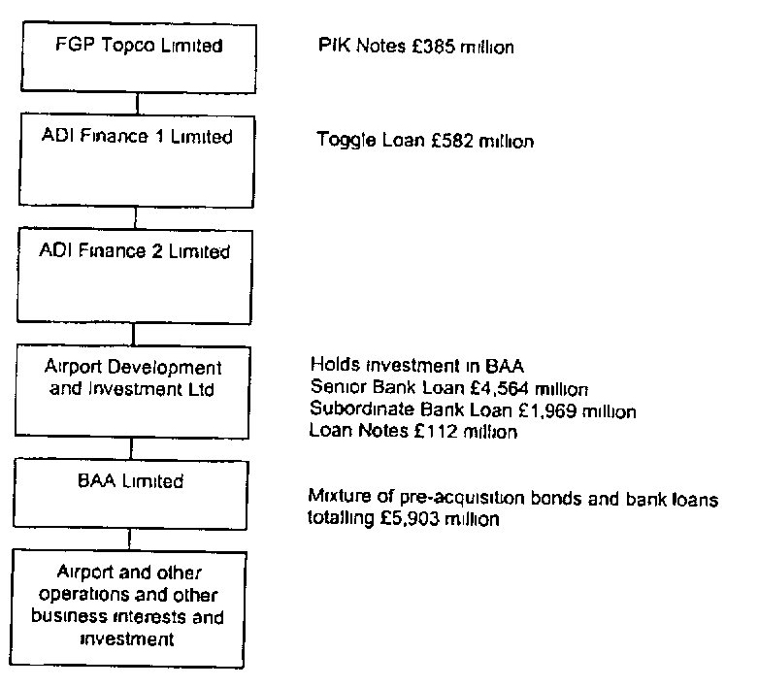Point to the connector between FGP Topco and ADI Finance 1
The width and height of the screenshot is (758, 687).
point(137,104)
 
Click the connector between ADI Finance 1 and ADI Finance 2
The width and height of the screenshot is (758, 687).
point(135,218)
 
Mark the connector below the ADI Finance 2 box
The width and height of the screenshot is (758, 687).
point(133,334)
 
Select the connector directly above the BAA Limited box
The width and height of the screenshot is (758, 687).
point(131,448)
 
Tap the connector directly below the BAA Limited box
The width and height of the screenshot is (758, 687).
point(129,540)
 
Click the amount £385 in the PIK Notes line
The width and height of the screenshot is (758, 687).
point(434,47)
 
